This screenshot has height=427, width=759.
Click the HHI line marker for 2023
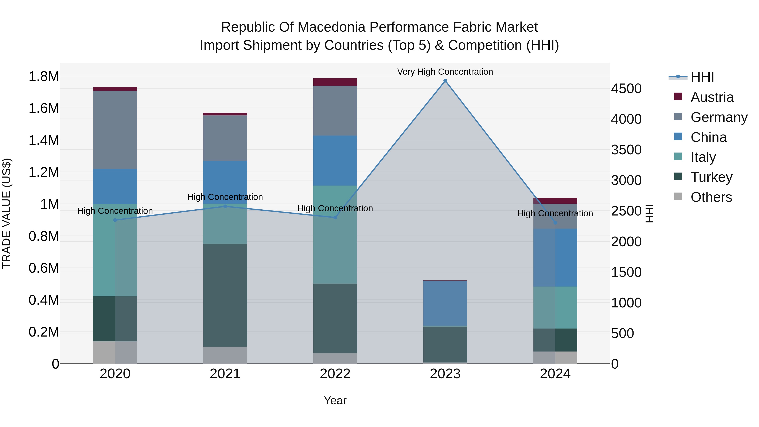coord(445,81)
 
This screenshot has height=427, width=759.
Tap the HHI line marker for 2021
coord(225,206)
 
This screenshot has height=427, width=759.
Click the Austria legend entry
coord(712,97)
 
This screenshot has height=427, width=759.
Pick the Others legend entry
coord(711,197)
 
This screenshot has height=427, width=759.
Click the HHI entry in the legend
coord(702,77)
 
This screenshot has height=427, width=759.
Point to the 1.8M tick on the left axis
coord(44,77)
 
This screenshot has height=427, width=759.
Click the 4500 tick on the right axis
coord(626,89)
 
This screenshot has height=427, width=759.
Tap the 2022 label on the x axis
coord(335,374)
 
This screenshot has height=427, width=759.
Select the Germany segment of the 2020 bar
coord(115,130)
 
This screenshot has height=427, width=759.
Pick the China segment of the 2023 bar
coord(445,303)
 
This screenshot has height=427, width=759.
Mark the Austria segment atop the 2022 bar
coord(335,82)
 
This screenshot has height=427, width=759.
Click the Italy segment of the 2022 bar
coord(335,234)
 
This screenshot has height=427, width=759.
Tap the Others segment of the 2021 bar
coord(225,355)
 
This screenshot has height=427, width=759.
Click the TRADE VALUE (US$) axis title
coord(7,213)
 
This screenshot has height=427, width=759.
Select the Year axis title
coord(335,400)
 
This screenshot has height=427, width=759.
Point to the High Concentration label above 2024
coord(555,213)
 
